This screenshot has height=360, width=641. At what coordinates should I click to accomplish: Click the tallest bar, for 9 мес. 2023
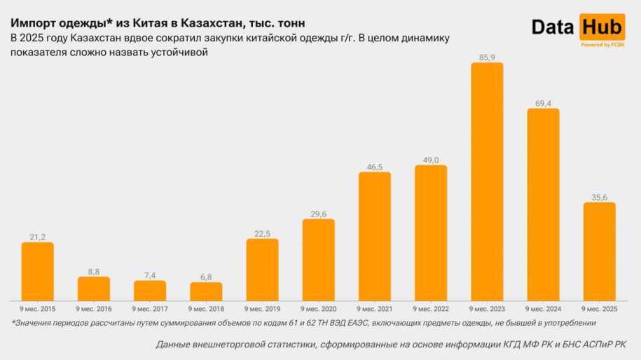click(x=487, y=181)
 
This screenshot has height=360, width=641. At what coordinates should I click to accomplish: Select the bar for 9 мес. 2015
click(x=38, y=271)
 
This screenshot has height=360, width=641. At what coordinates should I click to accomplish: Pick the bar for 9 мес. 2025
click(x=599, y=251)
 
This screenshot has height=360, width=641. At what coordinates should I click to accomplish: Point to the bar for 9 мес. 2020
click(x=319, y=260)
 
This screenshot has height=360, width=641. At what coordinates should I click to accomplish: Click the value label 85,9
click(x=487, y=56)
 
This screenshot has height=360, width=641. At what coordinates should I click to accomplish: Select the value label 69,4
click(x=543, y=102)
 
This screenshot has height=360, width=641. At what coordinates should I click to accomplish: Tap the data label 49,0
click(x=431, y=159)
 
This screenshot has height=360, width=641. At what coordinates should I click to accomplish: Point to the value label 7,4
click(x=150, y=275)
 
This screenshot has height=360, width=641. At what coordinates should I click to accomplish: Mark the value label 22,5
click(x=262, y=233)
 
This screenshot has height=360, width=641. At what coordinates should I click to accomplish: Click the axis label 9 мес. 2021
click(x=375, y=308)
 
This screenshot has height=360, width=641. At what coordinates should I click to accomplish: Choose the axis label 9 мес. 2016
click(x=94, y=308)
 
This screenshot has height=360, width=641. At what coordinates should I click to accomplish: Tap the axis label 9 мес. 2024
click(x=543, y=308)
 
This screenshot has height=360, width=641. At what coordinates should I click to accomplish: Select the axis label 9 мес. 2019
click(x=262, y=308)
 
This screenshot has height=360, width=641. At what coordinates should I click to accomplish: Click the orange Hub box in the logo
click(x=601, y=27)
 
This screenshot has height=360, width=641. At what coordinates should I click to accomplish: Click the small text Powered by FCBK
click(x=602, y=45)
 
